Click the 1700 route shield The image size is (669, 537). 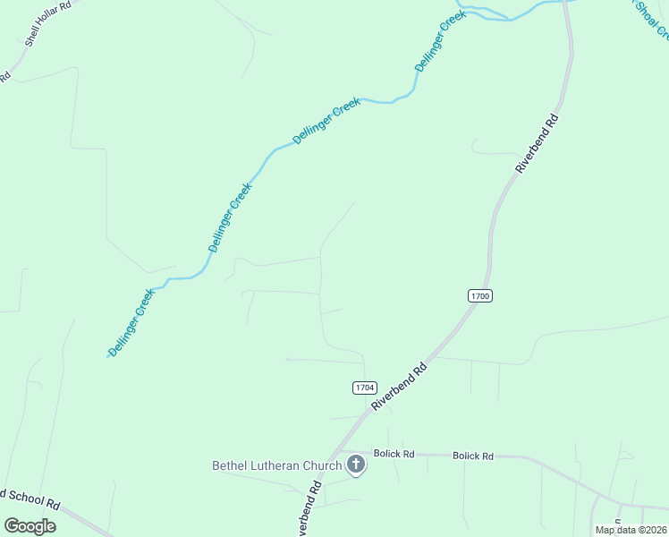tap(479, 296)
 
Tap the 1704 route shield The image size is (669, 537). tap(363, 388)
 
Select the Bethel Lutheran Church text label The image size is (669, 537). tap(276, 465)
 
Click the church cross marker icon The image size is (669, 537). tap(356, 465)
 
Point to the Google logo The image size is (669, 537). tap(30, 525)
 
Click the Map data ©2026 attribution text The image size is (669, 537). tap(631, 529)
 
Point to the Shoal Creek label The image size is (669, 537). tap(650, 20)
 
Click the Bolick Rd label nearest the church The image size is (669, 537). tap(394, 455)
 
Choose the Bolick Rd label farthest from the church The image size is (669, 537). tap(473, 456)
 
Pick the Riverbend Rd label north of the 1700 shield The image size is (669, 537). tap(537, 143)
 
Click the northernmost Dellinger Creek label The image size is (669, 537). tap(441, 42)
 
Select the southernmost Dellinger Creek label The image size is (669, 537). tap(131, 321)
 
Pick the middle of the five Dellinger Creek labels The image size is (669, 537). tap(326, 122)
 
